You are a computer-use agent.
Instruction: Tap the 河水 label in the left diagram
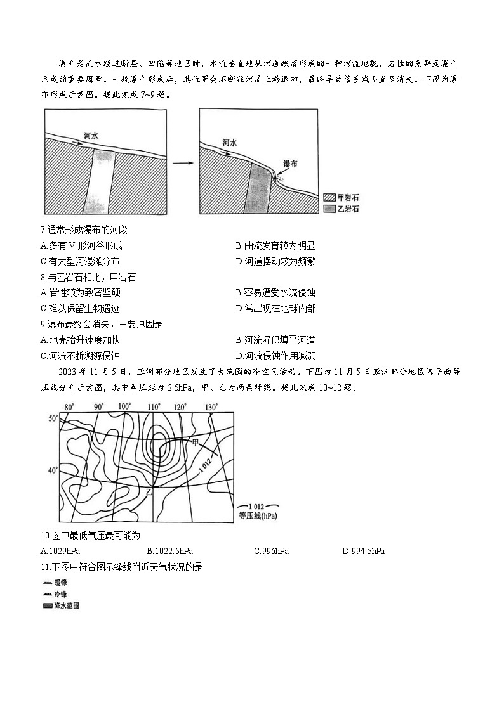click(x=91, y=136)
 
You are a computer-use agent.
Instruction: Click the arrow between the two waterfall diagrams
click(x=182, y=163)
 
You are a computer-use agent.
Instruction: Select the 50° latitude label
click(x=53, y=418)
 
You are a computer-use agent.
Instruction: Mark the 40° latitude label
click(x=53, y=470)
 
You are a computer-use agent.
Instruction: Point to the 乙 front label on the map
click(x=150, y=492)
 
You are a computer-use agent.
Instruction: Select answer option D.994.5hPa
click(x=363, y=551)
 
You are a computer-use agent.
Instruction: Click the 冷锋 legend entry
click(x=55, y=594)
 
